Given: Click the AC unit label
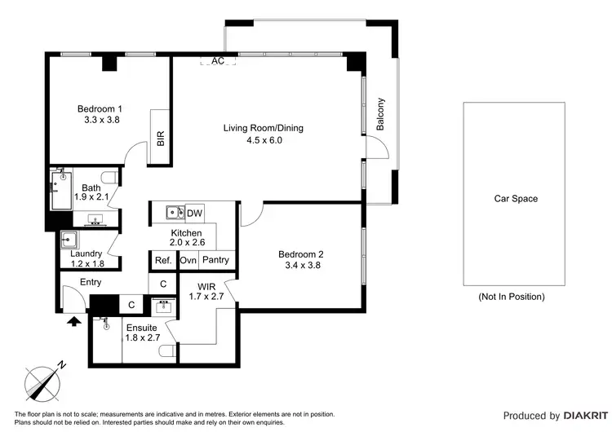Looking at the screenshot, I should pyautogui.click(x=218, y=60).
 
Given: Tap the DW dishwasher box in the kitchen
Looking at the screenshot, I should pyautogui.click(x=194, y=214).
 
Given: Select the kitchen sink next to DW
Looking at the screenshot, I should pyautogui.click(x=173, y=214).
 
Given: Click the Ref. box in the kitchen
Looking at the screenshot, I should pyautogui.click(x=162, y=260).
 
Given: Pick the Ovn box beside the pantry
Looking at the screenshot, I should pyautogui.click(x=188, y=260).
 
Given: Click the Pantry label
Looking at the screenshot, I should pyautogui.click(x=215, y=260).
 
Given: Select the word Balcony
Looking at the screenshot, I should pyautogui.click(x=380, y=115).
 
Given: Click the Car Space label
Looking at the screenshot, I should pyautogui.click(x=516, y=198).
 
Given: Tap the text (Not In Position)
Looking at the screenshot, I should pyautogui.click(x=511, y=297).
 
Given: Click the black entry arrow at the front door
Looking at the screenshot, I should pyautogui.click(x=73, y=321).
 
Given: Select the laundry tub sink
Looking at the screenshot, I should pyautogui.click(x=69, y=240).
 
